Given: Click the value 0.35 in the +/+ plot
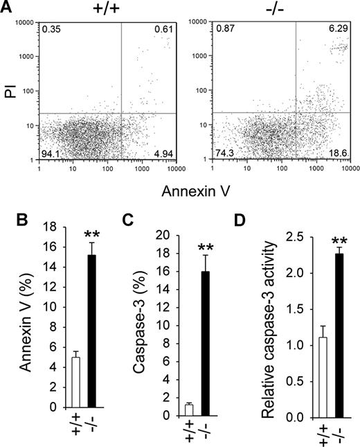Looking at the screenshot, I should tap(50, 29).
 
